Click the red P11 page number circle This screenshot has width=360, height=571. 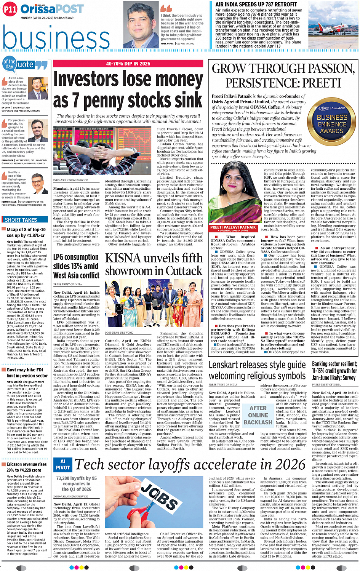pyautogui.click(x=10, y=9)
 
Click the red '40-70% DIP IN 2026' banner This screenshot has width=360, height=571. pyautogui.click(x=128, y=64)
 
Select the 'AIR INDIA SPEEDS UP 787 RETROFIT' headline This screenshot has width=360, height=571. pyautogui.click(x=256, y=5)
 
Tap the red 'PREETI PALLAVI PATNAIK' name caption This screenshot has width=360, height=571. pyautogui.click(x=233, y=228)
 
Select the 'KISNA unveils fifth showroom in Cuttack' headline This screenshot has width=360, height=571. pyautogui.click(x=154, y=264)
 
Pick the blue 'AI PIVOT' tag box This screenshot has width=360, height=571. pyautogui.click(x=62, y=464)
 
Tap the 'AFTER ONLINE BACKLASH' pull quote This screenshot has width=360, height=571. pyautogui.click(x=258, y=415)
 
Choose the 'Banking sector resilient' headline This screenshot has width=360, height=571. pyautogui.click(x=334, y=370)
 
